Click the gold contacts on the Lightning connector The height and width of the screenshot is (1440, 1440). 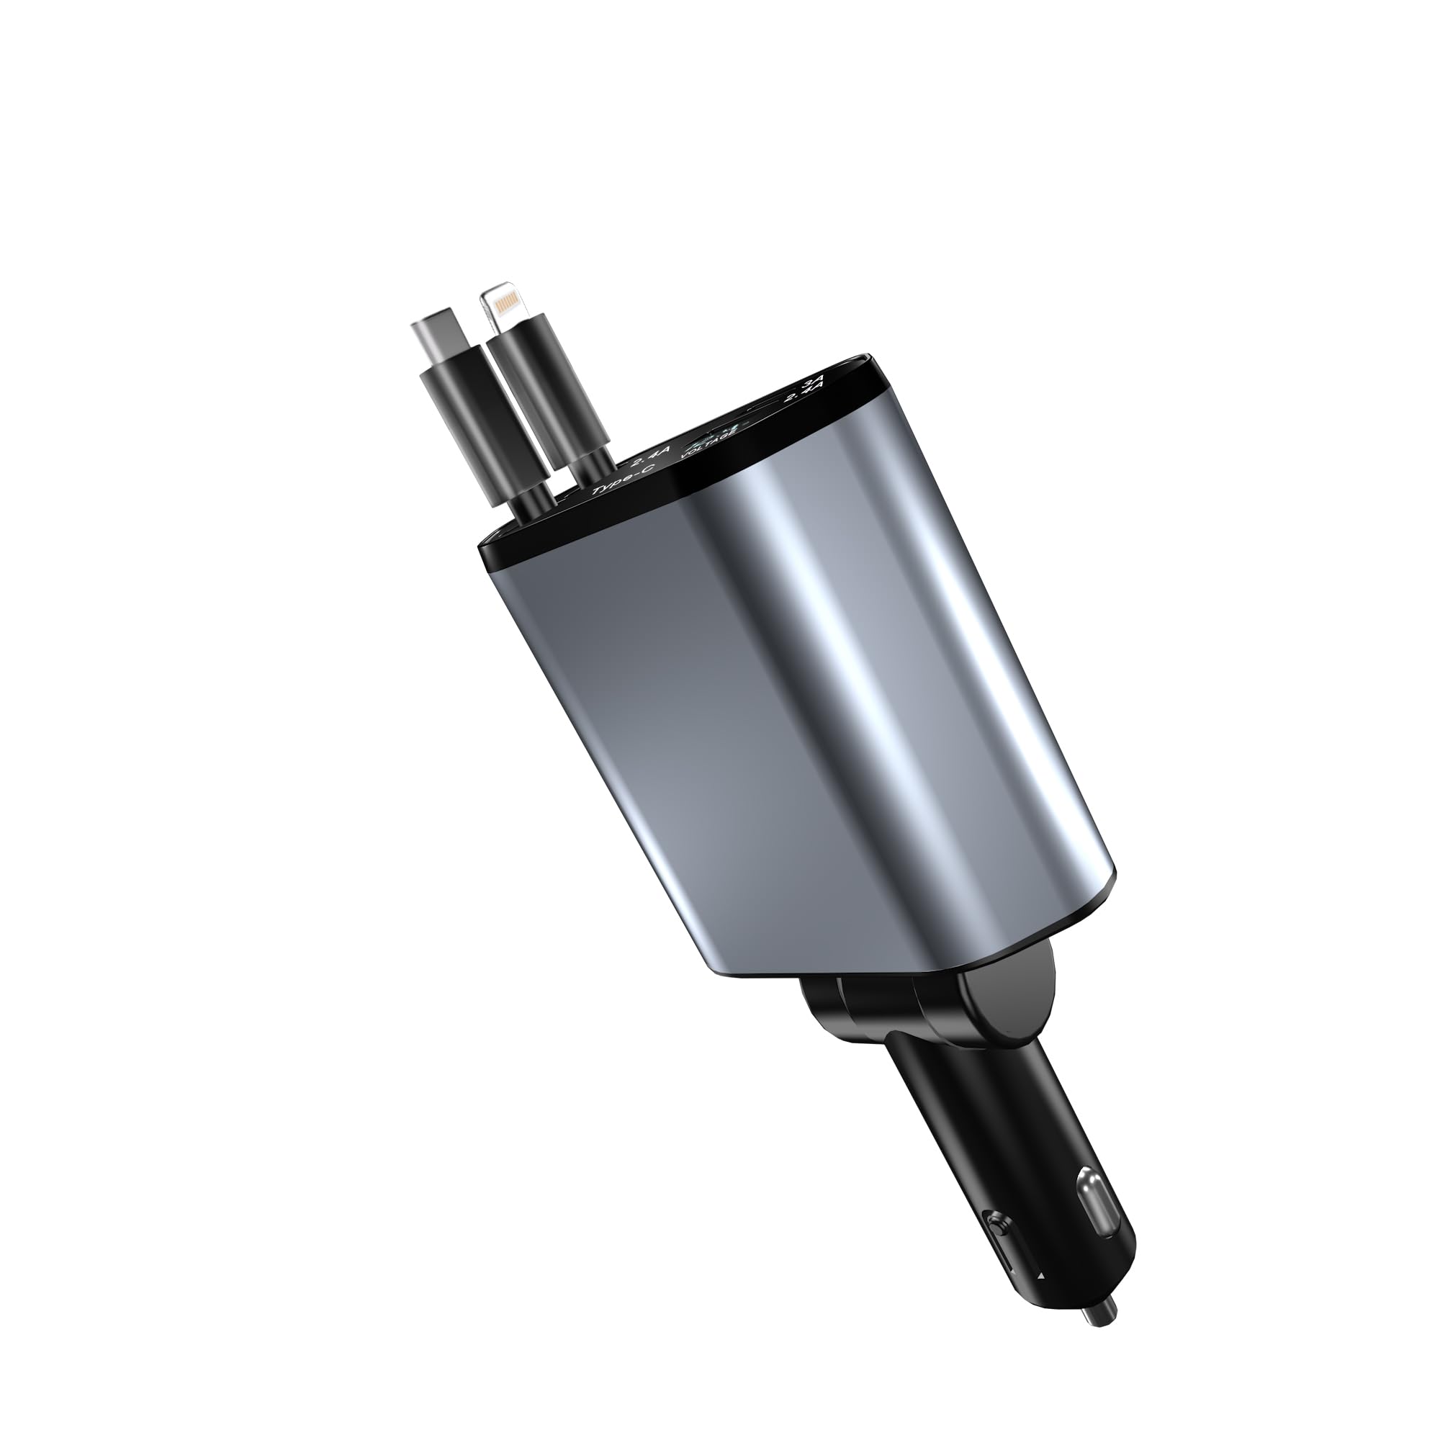point(506,302)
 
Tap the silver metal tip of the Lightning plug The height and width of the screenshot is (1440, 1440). point(503,305)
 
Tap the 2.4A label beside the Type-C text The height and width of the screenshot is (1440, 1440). point(652,456)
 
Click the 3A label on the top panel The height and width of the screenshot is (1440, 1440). point(809,386)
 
